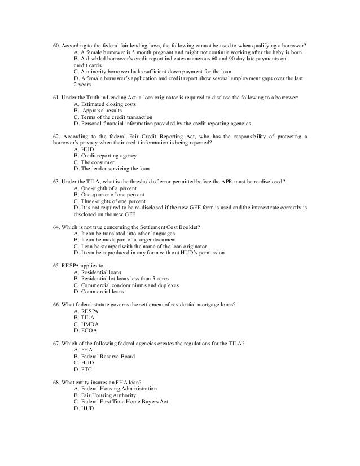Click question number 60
[50, 45]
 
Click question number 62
[50, 136]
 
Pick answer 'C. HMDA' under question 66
[86, 324]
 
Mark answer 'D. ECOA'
[86, 331]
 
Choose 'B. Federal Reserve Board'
[105, 357]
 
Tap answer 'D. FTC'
[84, 370]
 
